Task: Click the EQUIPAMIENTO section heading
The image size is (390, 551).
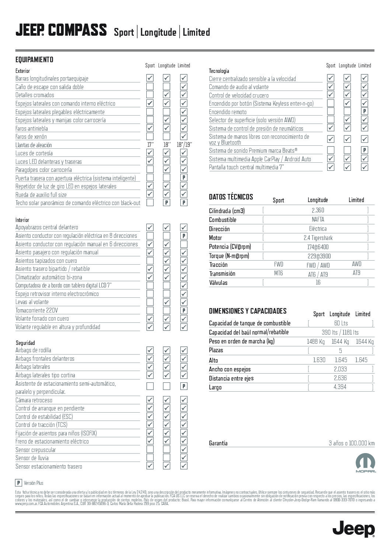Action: [34, 60]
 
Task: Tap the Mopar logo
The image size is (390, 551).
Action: [365, 463]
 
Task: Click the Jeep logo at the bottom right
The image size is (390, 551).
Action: [354, 529]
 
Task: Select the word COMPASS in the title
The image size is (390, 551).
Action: [77, 31]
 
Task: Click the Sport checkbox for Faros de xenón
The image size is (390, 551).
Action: [150, 137]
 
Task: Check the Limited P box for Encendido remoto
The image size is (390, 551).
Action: [365, 111]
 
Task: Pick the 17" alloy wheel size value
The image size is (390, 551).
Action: [150, 145]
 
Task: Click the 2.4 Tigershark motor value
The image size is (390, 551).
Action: [318, 238]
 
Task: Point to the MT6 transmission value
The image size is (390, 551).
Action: [278, 273]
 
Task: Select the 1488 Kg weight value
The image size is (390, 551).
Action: [316, 342]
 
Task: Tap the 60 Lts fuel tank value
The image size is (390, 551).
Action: [341, 323]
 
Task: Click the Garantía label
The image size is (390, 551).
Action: [218, 443]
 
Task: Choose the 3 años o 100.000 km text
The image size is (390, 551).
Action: [351, 443]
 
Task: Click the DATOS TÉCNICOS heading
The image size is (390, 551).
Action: [231, 197]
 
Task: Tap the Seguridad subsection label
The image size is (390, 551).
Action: [25, 343]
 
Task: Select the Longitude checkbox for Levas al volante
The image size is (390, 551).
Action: [167, 302]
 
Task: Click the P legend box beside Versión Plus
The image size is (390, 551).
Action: [18, 483]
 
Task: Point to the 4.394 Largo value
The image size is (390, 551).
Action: [340, 387]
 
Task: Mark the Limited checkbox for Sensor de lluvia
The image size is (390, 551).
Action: [184, 458]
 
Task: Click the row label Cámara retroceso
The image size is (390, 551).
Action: [34, 400]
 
